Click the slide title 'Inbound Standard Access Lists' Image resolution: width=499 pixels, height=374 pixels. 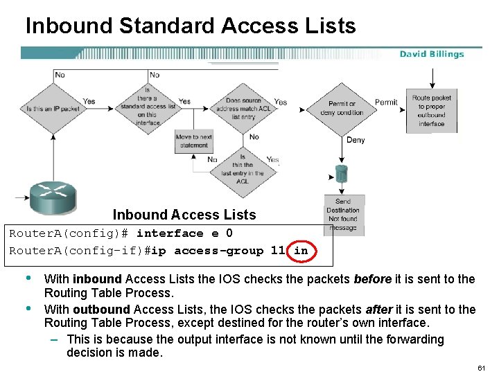tap(191, 26)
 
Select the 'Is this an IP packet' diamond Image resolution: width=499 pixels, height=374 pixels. tap(53, 109)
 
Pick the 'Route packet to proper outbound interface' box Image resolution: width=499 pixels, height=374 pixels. tap(431, 111)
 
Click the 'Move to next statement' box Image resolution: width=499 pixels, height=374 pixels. tap(193, 141)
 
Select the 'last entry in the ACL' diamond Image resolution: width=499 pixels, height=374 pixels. tap(242, 169)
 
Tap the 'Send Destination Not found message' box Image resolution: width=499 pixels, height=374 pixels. tap(343, 215)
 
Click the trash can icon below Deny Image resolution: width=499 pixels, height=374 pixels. tap(340, 173)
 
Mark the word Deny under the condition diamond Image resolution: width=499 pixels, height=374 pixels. tap(356, 141)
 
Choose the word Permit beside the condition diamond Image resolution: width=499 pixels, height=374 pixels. tap(386, 103)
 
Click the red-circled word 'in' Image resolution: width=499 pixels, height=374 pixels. tap(301, 251)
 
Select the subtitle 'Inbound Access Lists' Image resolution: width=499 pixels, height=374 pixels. tap(184, 215)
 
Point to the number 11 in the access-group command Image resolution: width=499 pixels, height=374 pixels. tap(277, 251)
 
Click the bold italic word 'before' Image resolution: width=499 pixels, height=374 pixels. tap(369, 279)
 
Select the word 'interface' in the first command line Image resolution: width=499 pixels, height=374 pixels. tap(170, 233)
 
